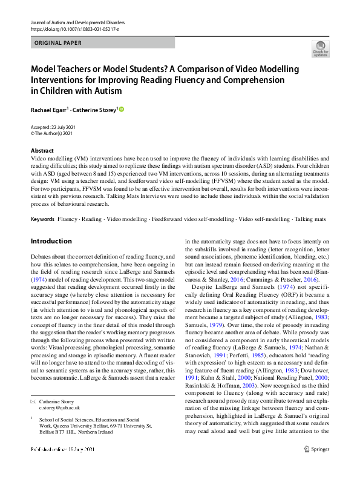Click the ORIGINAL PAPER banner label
pos(58,43)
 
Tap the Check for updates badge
pos(320,49)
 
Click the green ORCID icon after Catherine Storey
pos(120,109)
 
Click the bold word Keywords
pos(42,217)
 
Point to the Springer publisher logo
pos(318,466)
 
